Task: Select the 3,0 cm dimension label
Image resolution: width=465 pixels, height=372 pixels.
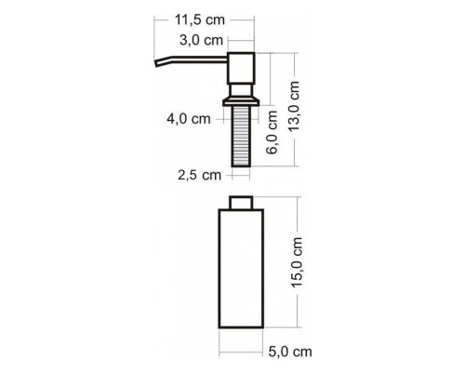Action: click(x=201, y=40)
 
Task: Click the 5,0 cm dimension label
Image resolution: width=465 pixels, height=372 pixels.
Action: click(x=289, y=352)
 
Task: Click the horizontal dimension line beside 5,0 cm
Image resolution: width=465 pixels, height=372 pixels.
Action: click(x=243, y=351)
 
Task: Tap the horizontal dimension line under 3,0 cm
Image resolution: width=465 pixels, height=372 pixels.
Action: click(x=243, y=41)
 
